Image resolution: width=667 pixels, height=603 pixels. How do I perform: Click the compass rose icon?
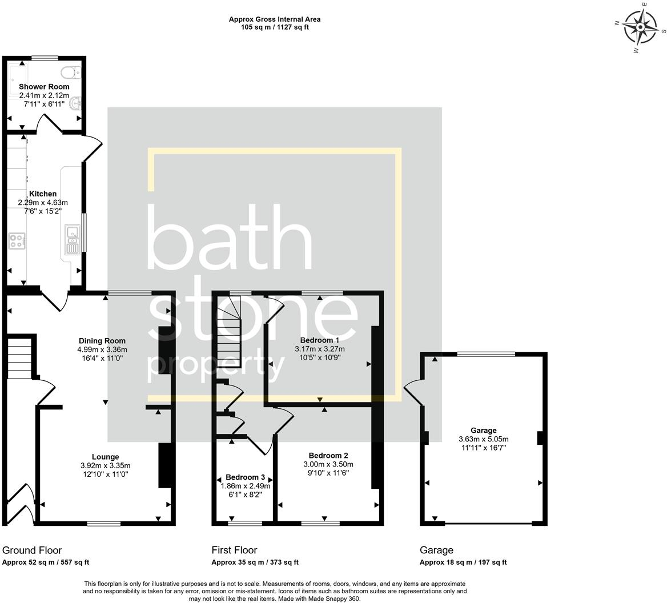point(641,27)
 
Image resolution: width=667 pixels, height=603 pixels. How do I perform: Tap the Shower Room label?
point(44,87)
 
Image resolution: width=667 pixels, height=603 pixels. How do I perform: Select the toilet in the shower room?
point(71,73)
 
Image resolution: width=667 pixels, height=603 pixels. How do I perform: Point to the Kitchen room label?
point(43,194)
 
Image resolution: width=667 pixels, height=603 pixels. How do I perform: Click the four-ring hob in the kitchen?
point(17,241)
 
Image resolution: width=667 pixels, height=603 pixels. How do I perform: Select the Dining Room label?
point(102,341)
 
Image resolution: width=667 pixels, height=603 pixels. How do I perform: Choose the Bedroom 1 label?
point(319,340)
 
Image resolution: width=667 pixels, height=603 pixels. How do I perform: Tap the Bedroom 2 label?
point(328,456)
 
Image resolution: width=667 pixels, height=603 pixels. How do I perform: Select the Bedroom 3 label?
point(245,477)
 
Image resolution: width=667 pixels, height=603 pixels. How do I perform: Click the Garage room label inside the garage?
point(483,431)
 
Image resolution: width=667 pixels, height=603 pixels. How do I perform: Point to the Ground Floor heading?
point(32,550)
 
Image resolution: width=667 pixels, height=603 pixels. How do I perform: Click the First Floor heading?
point(234,550)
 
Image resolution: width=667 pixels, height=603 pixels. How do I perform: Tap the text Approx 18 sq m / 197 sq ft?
point(463,562)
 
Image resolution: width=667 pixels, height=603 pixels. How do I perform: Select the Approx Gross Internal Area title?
point(274,19)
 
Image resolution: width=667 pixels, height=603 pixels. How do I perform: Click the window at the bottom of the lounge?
point(103,523)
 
